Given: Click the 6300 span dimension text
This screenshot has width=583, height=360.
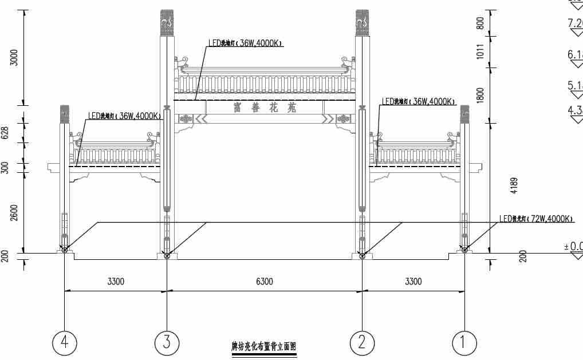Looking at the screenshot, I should (264, 282).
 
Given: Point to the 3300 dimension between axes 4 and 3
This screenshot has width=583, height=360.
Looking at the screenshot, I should (115, 282).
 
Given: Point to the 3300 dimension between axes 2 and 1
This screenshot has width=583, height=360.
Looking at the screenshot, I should (413, 282).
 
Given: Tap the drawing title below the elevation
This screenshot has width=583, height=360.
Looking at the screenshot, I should (264, 347).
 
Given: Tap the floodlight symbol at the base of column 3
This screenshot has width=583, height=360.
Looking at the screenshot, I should (167, 255).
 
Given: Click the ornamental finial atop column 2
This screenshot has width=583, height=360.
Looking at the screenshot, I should (362, 21).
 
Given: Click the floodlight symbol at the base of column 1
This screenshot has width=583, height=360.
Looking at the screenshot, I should (465, 250).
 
